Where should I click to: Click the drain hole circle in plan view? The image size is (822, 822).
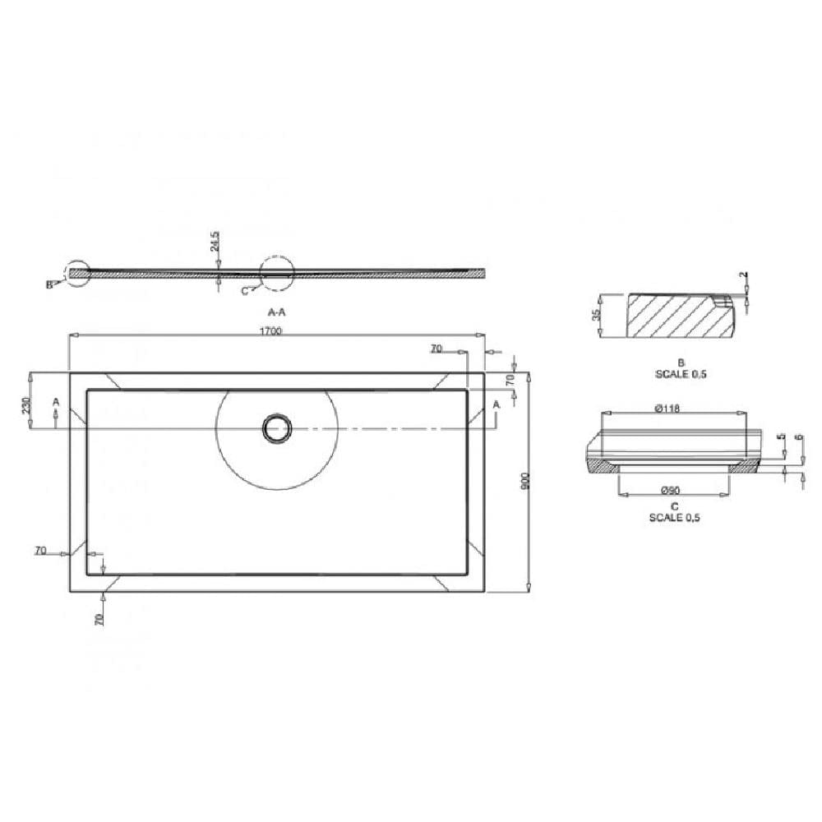(277, 427)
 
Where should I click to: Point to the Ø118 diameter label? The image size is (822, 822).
(667, 409)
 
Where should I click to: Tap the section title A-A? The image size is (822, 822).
(277, 312)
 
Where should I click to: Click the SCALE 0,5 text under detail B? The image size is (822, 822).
(680, 374)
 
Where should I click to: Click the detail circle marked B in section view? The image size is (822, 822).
(78, 274)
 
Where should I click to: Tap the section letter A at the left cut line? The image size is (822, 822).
(55, 402)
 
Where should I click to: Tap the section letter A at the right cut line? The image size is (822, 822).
(496, 403)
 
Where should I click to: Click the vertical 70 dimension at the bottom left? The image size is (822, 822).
(99, 619)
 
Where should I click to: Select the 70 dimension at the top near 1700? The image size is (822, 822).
(436, 349)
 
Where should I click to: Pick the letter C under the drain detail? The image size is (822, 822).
(674, 506)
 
